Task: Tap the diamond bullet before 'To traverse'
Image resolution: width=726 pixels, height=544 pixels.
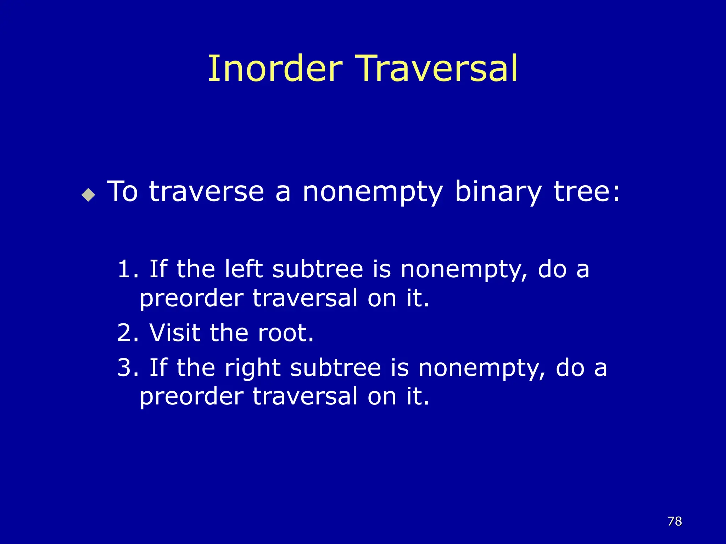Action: [88, 195]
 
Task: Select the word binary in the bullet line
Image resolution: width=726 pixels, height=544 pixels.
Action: [498, 192]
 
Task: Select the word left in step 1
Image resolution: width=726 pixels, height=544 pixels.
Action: [244, 269]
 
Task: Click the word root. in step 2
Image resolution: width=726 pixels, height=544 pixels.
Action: [286, 333]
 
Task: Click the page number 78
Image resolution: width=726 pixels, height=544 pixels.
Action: [675, 521]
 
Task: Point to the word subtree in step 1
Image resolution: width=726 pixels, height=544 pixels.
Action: [318, 269]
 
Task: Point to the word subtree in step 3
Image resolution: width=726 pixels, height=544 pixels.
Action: [335, 368]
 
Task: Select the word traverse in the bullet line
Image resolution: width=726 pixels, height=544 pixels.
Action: [206, 192]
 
